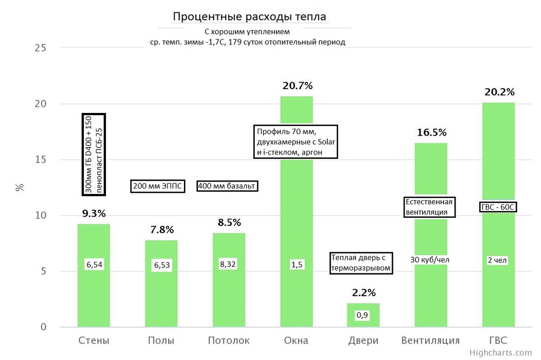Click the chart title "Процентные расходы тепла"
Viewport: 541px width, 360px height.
click(249, 17)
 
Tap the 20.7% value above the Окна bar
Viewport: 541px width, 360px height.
click(297, 85)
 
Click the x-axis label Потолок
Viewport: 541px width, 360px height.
click(229, 341)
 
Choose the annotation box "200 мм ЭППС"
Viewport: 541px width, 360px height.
click(157, 186)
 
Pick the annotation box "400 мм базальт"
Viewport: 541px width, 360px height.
click(227, 186)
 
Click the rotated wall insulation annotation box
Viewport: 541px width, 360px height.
click(93, 154)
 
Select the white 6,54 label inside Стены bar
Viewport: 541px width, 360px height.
click(94, 265)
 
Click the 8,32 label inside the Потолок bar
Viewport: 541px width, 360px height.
click(229, 265)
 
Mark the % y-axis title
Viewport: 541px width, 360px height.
click(20, 188)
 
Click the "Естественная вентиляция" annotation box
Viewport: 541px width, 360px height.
click(430, 207)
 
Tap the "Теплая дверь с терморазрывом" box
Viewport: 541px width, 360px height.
click(361, 263)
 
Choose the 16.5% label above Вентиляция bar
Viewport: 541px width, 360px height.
click(431, 132)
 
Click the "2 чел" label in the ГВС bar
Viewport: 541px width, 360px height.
click(498, 260)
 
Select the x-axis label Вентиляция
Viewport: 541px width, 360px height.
click(431, 341)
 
